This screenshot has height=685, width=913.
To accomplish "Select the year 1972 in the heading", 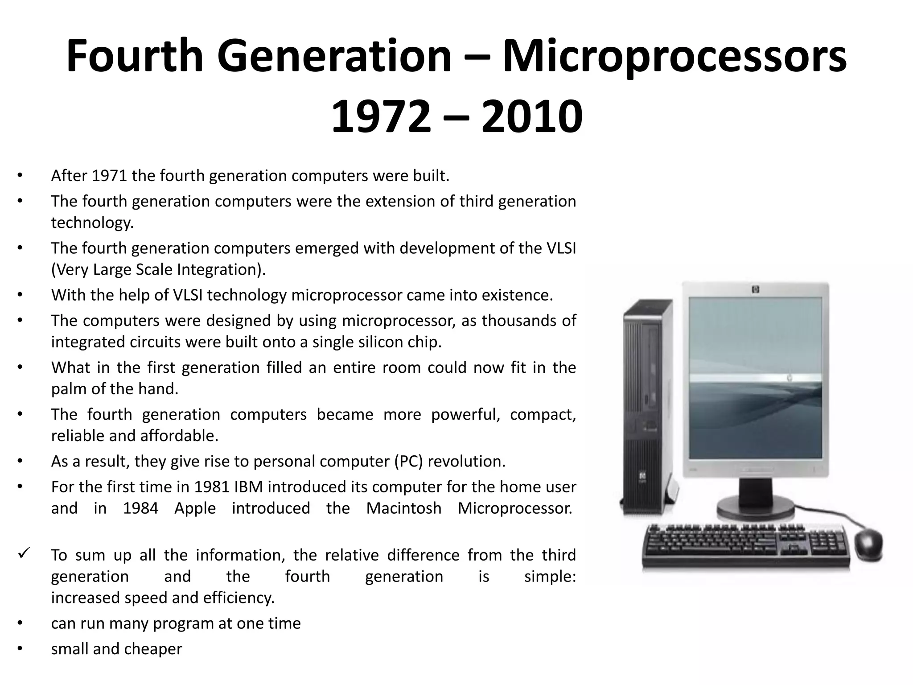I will coord(381,117).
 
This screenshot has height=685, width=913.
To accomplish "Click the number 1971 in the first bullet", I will coord(109,176).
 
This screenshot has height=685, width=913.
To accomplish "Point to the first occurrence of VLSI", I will coord(561,248).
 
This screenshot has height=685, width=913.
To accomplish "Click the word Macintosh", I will coord(403,508).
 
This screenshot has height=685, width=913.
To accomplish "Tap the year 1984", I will coord(140,508).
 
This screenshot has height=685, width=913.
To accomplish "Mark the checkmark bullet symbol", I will coord(23,554).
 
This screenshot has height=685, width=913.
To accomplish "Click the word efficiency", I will coord(239,598).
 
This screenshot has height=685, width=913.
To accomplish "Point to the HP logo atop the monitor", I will coord(755,290).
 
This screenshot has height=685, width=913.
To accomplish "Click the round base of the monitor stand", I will coord(755,508).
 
